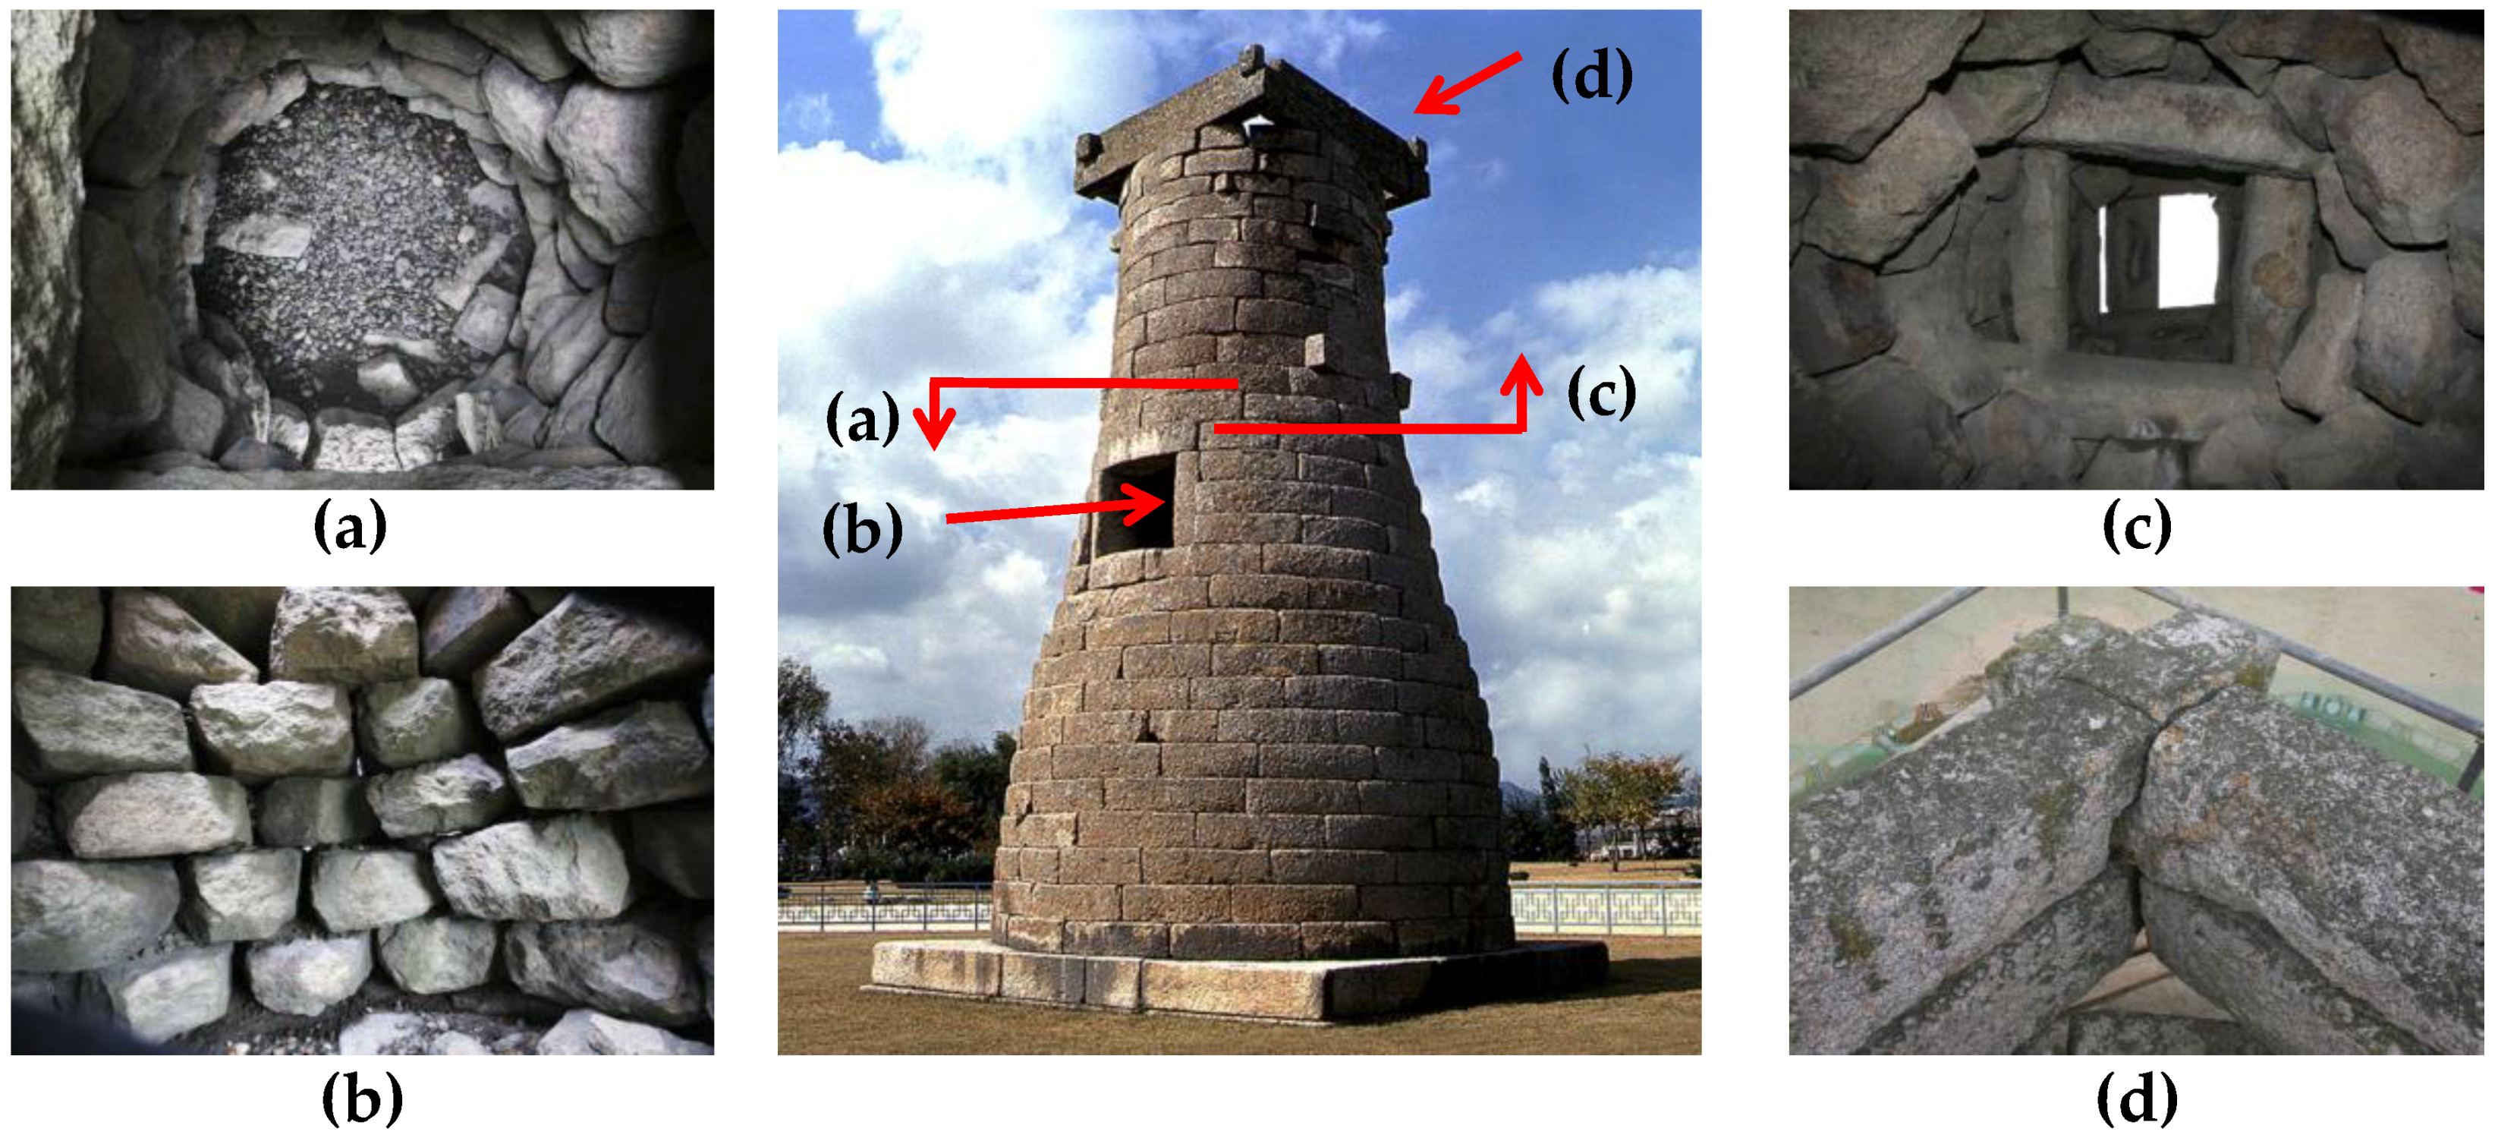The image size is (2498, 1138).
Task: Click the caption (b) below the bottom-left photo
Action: [362, 1099]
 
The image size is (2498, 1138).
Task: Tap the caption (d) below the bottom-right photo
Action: [2138, 1099]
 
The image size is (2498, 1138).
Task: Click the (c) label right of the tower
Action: [1601, 393]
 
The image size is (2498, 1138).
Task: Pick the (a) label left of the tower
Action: [862, 419]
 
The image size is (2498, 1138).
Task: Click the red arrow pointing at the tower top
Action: [1466, 84]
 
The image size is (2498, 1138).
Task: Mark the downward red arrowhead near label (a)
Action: [934, 428]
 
